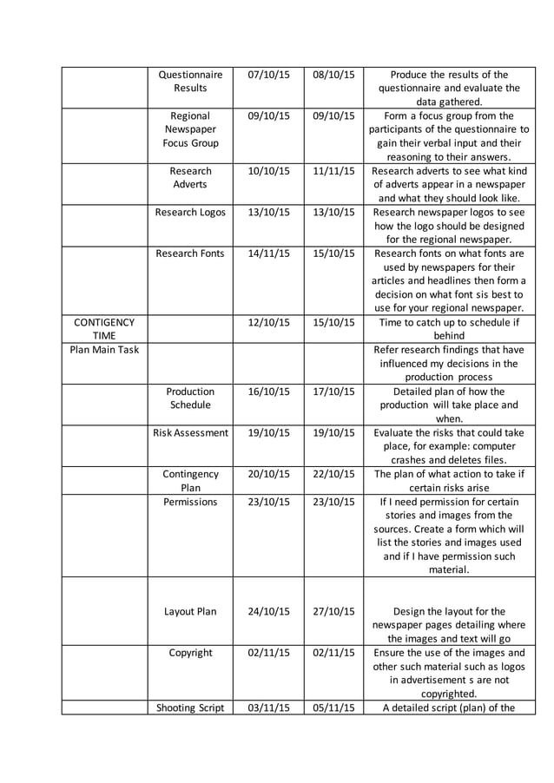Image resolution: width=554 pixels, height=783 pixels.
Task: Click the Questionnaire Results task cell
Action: click(x=190, y=82)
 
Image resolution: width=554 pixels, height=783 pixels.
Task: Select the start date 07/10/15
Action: click(x=268, y=75)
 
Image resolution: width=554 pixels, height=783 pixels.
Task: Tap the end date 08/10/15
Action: click(x=333, y=75)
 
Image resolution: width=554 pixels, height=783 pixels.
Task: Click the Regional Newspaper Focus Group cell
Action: click(x=190, y=129)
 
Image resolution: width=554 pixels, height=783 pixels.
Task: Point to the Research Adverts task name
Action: click(x=190, y=178)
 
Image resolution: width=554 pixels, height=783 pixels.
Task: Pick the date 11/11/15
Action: click(x=333, y=171)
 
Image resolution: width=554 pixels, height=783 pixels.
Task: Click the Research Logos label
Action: click(x=190, y=212)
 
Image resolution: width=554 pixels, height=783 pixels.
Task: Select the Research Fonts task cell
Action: click(x=190, y=253)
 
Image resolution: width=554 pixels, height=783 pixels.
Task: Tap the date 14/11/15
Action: click(x=268, y=253)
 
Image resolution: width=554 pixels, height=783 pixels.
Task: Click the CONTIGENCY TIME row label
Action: click(x=104, y=329)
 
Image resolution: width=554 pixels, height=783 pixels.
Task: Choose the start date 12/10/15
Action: click(x=268, y=322)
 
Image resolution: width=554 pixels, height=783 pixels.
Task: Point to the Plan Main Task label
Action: click(x=104, y=350)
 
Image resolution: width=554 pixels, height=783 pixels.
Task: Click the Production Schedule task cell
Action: click(x=190, y=398)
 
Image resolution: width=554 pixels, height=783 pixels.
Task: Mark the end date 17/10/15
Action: click(x=333, y=391)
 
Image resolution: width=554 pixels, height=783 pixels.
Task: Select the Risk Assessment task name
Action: click(x=190, y=432)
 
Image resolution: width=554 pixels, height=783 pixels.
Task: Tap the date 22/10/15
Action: click(x=333, y=474)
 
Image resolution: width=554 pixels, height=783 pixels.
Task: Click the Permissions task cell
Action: click(x=190, y=502)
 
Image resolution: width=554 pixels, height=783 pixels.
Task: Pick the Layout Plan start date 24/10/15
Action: click(x=268, y=611)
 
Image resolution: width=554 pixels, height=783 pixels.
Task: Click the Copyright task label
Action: click(x=190, y=653)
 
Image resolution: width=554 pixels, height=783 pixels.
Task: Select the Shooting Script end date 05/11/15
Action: click(x=333, y=707)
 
